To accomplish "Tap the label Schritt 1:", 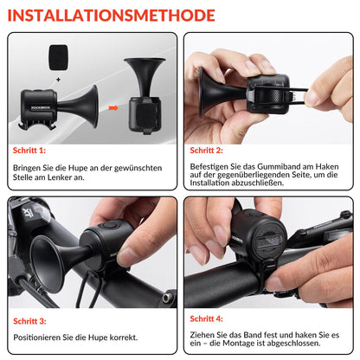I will tap(31, 150).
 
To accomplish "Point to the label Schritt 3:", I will tap(31, 319).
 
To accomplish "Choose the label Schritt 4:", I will tap(209, 318).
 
